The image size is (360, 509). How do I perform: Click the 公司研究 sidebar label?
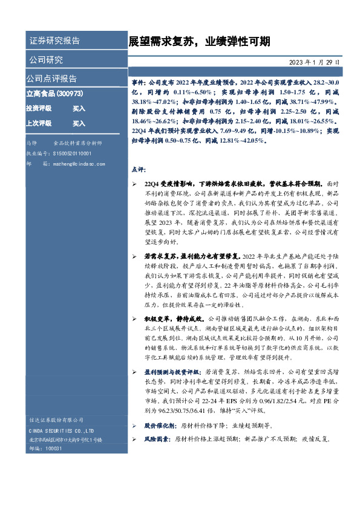point(45,60)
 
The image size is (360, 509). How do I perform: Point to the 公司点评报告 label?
point(51,79)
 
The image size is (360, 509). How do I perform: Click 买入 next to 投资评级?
point(79,108)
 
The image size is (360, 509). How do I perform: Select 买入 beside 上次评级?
point(79,123)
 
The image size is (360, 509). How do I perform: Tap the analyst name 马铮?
point(32,143)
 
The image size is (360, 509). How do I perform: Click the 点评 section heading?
point(137,169)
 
